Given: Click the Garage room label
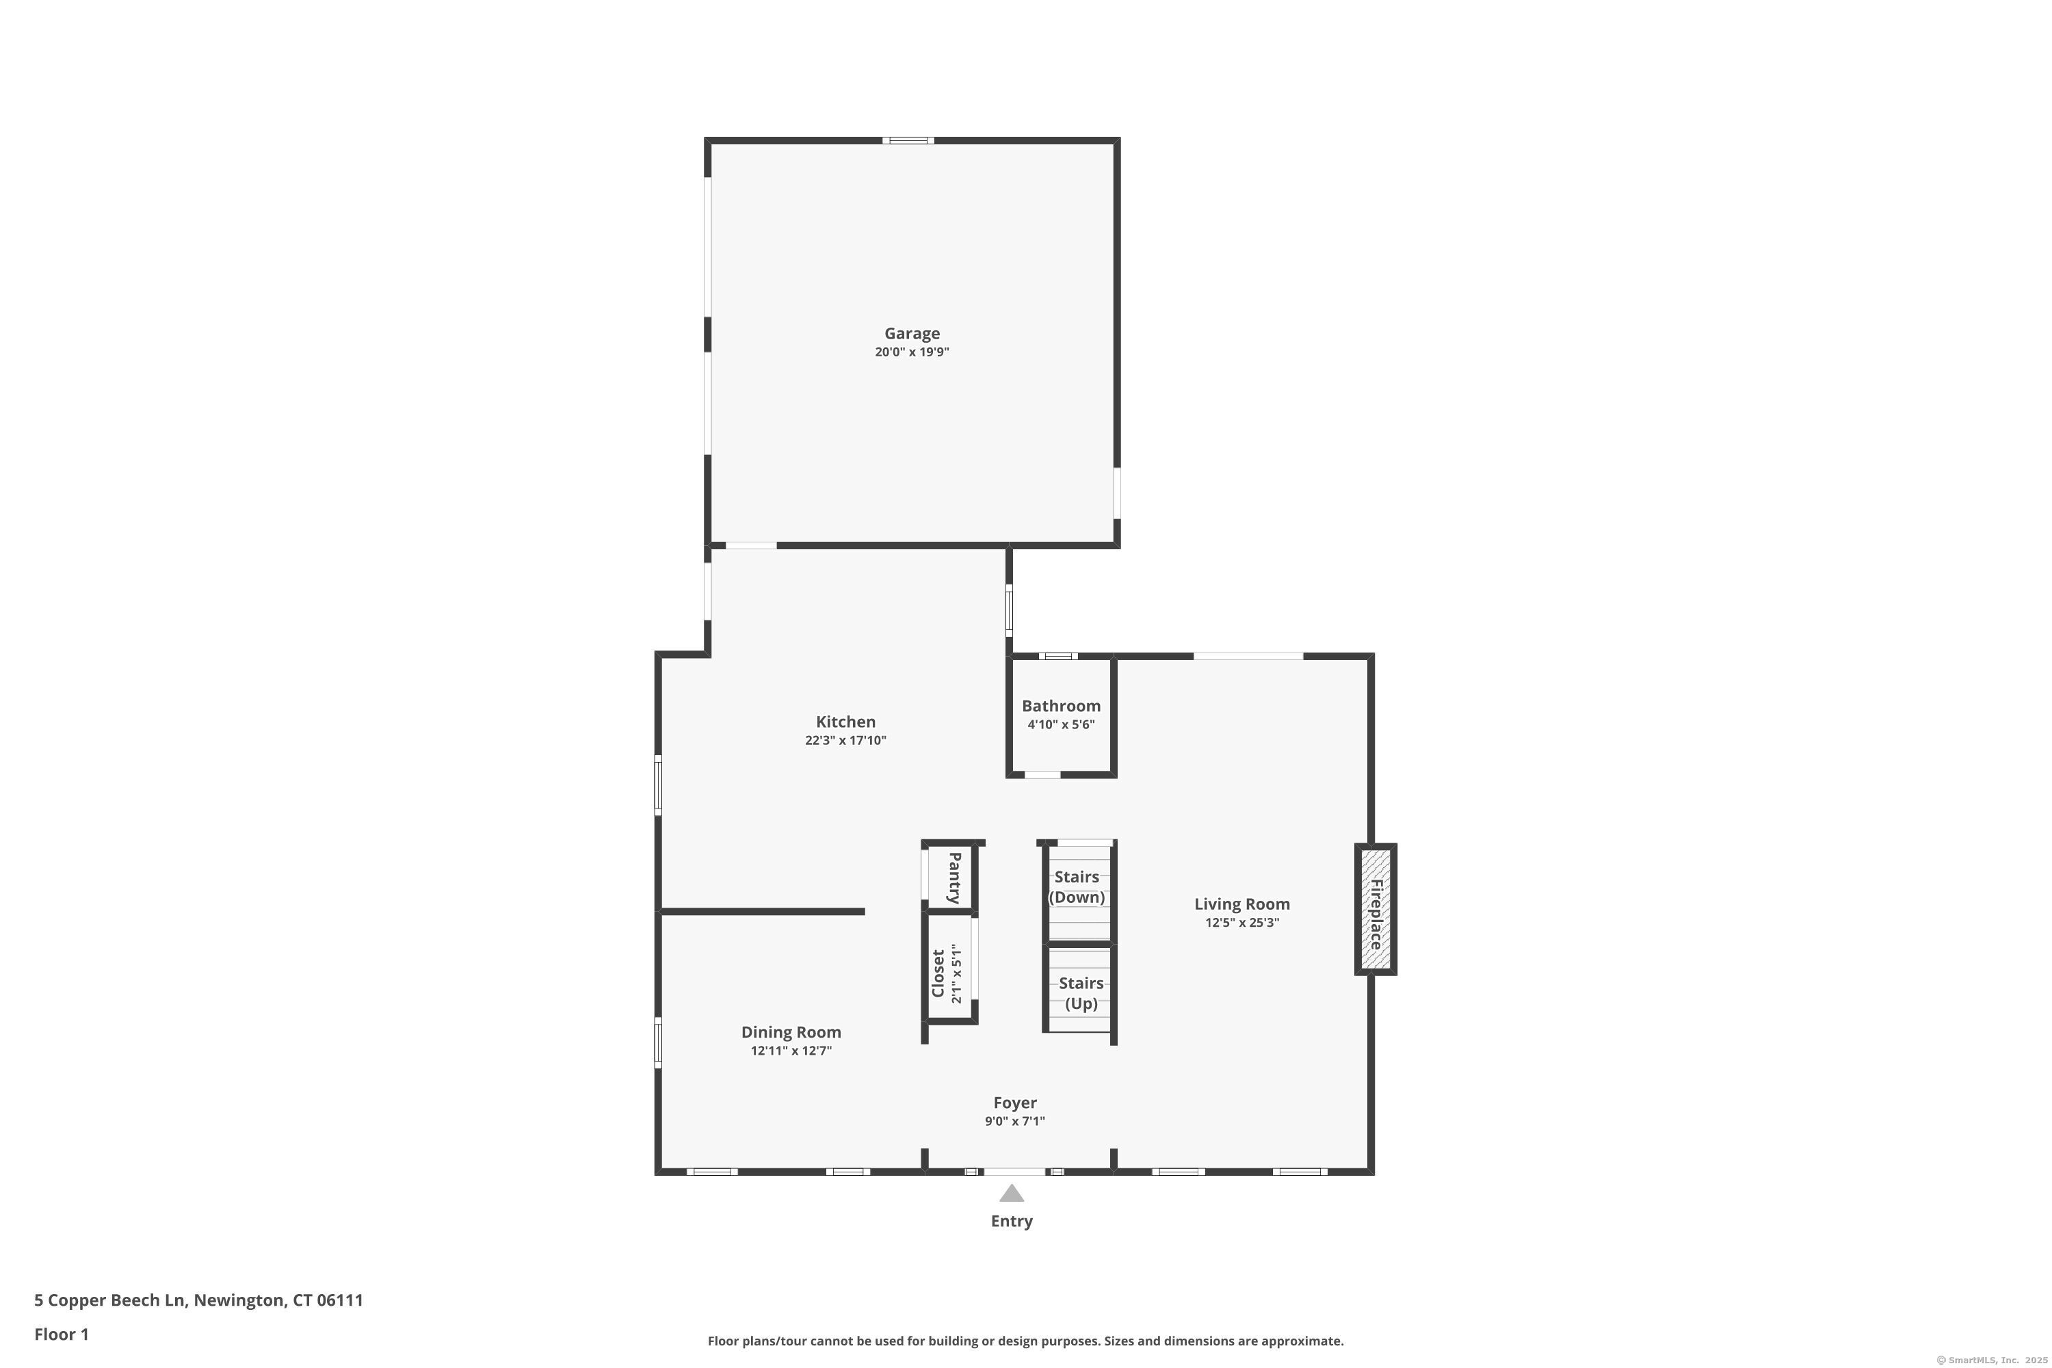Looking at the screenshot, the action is [912, 333].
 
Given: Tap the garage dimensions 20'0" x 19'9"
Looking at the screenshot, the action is [912, 352].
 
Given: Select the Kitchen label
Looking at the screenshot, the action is [845, 722].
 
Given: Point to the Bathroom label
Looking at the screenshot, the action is [1061, 706].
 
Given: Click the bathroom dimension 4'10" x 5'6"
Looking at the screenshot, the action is [1061, 724].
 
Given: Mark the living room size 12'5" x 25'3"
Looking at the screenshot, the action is [1241, 923].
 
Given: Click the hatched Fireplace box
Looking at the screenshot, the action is [1375, 909].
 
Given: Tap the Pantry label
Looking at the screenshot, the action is [953, 878].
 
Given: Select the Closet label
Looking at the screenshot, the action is [938, 973].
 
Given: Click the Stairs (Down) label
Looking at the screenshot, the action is [1077, 887].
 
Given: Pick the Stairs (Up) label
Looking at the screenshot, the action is [1081, 993].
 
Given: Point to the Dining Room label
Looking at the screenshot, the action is [791, 1032].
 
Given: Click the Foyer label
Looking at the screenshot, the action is [1014, 1103].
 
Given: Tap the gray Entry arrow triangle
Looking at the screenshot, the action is [1011, 1194].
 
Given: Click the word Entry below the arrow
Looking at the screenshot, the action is [1011, 1222].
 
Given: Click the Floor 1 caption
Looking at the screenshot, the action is [61, 1334].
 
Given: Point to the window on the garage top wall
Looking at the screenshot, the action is [908, 140].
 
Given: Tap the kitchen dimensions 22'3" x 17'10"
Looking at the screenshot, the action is [845, 741].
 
